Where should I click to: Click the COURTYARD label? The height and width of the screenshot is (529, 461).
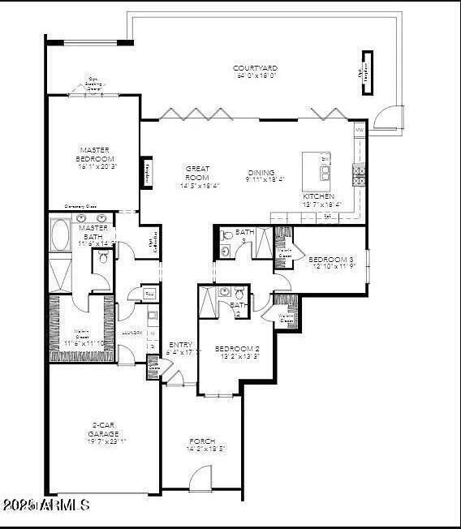coord(256,68)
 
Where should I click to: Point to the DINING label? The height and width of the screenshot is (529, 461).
coord(261,172)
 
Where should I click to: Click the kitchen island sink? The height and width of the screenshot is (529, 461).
coord(325,172)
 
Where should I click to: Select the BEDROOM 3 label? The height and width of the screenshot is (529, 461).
coord(328,260)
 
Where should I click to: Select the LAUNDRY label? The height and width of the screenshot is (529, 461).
coord(132,333)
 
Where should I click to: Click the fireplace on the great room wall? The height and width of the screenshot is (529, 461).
coord(147,172)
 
